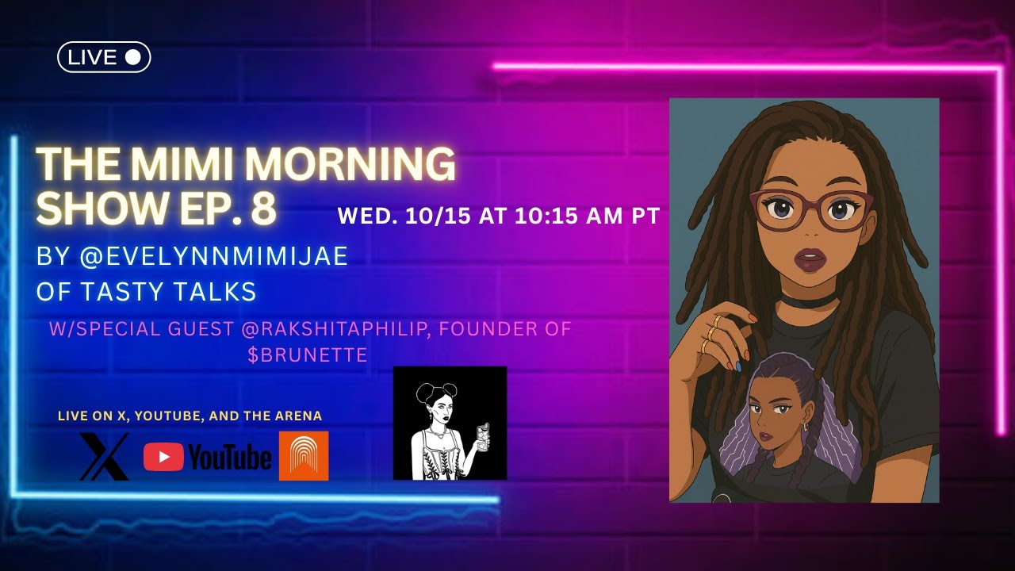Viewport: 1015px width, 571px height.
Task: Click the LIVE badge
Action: [104, 57]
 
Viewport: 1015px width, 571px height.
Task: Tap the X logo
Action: [104, 456]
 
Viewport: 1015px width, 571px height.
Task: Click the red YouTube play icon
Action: [163, 457]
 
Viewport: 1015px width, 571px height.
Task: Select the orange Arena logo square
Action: [304, 456]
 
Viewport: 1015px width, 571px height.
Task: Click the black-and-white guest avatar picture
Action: [450, 423]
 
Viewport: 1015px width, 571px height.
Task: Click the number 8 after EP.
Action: [264, 208]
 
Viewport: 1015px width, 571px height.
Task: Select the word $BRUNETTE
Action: [308, 355]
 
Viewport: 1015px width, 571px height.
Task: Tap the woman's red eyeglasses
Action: [810, 209]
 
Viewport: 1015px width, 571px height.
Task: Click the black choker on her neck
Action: [807, 301]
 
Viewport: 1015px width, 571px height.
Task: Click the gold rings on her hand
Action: [710, 333]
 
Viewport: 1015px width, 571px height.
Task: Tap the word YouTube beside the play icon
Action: [230, 458]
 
